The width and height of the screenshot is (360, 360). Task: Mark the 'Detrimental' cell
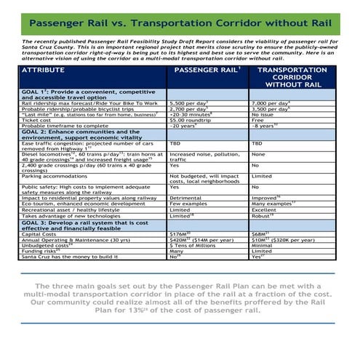[x=186, y=197]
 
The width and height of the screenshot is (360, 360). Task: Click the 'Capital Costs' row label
[x=41, y=234]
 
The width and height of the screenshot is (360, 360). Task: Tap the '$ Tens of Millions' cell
[x=193, y=246]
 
